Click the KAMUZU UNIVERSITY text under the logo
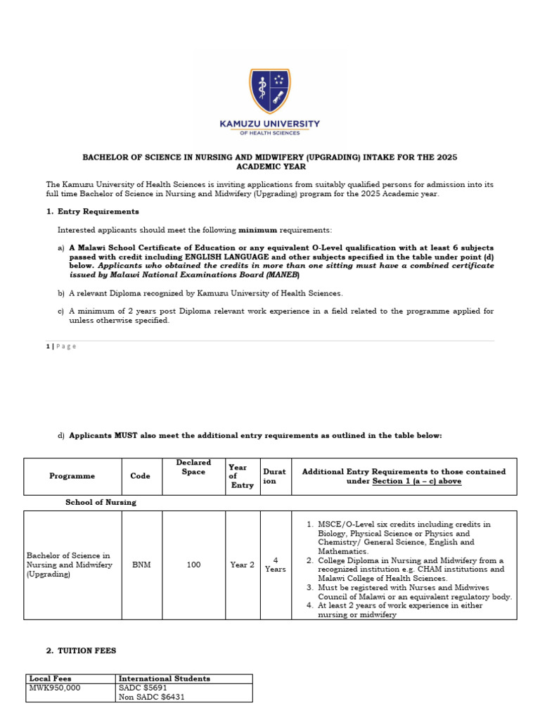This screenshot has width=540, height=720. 269,124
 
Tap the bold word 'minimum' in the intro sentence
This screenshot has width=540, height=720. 258,230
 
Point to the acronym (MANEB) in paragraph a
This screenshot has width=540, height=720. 265,275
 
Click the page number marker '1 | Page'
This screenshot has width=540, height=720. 61,346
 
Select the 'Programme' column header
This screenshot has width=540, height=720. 72,476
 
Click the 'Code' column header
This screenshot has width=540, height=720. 141,476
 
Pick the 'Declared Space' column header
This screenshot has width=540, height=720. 193,468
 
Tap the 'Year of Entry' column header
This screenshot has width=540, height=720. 241,476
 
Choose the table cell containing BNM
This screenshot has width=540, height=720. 141,565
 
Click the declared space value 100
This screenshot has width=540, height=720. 193,565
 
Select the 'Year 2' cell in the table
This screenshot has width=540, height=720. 242,565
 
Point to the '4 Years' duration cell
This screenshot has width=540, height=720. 276,565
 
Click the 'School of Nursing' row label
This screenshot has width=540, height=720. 101,503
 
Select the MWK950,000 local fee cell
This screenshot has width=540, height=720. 56,688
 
